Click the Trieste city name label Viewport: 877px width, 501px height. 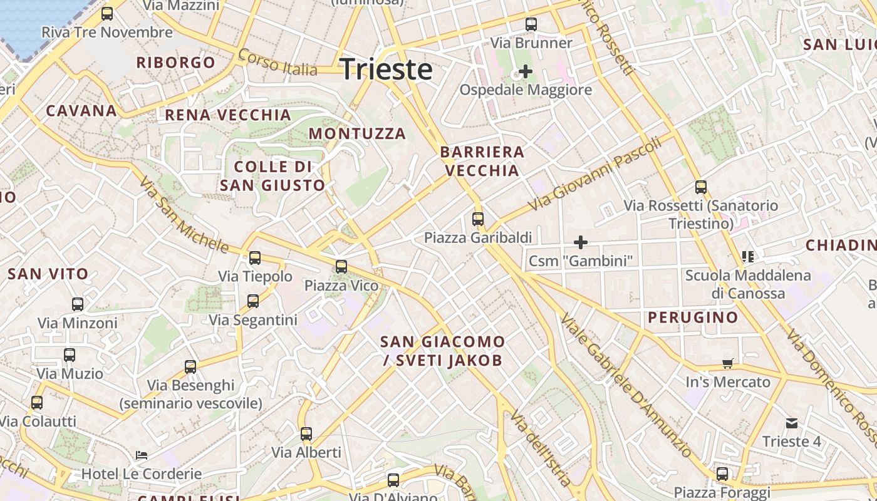(x=386, y=69)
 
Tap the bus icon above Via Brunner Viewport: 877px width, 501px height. (x=531, y=24)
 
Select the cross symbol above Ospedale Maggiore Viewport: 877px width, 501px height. (x=525, y=71)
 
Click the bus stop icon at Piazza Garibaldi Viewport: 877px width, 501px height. (x=478, y=219)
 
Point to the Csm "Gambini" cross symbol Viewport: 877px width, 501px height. (x=581, y=242)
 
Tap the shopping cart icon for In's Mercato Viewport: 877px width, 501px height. (x=727, y=363)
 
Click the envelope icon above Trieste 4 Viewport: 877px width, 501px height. (x=792, y=423)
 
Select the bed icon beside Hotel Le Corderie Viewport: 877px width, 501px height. (x=142, y=455)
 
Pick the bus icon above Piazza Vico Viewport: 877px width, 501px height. (x=341, y=267)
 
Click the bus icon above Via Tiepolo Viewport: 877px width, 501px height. (x=255, y=257)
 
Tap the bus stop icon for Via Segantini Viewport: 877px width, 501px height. (x=253, y=301)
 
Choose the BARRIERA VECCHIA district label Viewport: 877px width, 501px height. (x=482, y=161)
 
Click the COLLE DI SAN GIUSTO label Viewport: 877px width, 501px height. (x=272, y=176)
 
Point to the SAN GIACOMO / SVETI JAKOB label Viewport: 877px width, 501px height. (x=442, y=351)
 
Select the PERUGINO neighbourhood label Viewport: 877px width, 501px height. (x=693, y=318)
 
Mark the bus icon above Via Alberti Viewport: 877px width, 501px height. (x=306, y=433)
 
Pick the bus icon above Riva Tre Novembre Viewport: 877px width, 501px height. (x=107, y=13)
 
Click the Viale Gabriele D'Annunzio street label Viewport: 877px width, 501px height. (x=626, y=386)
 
